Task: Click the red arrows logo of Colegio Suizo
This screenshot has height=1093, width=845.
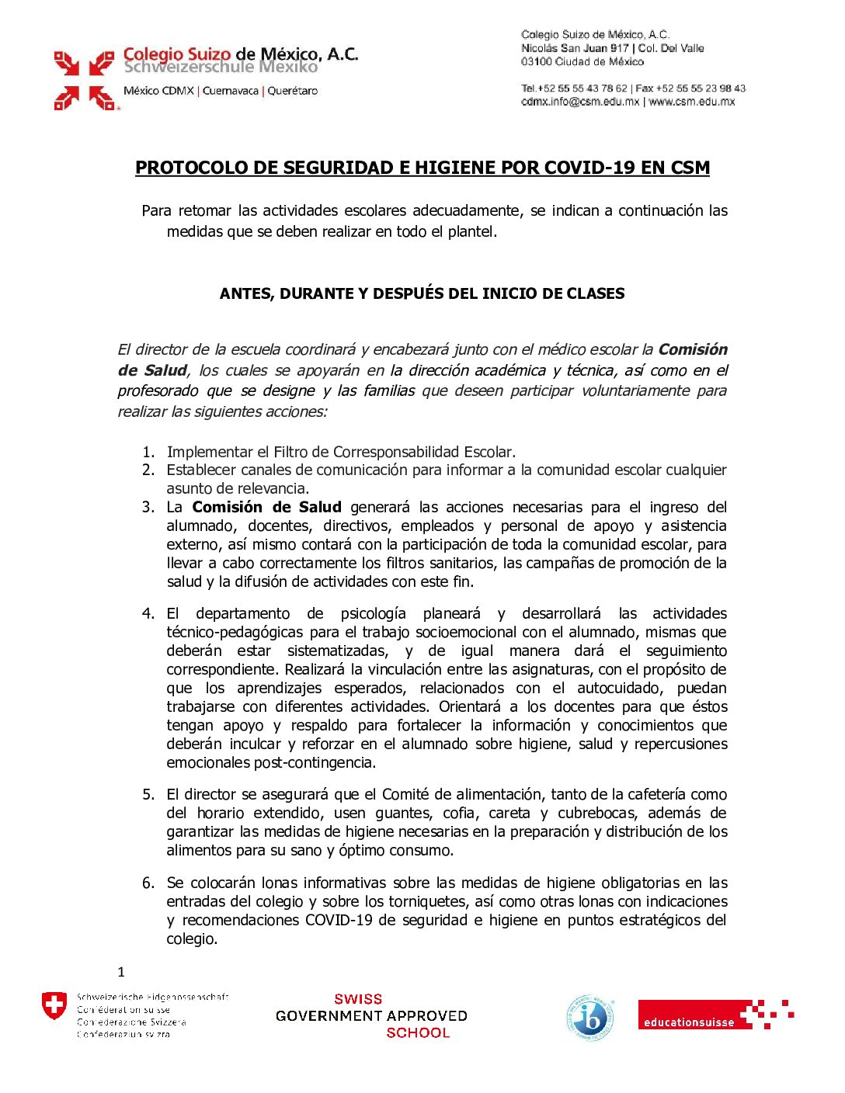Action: (84, 80)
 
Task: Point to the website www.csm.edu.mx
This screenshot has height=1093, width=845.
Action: (691, 101)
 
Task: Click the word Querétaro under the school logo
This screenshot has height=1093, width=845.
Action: (293, 91)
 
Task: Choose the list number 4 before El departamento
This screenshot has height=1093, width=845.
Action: (148, 613)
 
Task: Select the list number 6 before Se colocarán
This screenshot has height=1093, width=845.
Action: (148, 883)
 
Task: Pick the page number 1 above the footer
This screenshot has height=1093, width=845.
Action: (121, 972)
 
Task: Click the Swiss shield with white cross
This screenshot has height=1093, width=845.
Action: (54, 1006)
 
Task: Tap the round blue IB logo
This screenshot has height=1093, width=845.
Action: (590, 1017)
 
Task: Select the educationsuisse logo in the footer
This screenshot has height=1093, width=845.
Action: (715, 1015)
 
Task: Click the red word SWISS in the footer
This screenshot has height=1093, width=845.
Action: (358, 999)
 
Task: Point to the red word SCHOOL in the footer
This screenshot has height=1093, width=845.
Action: (418, 1032)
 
